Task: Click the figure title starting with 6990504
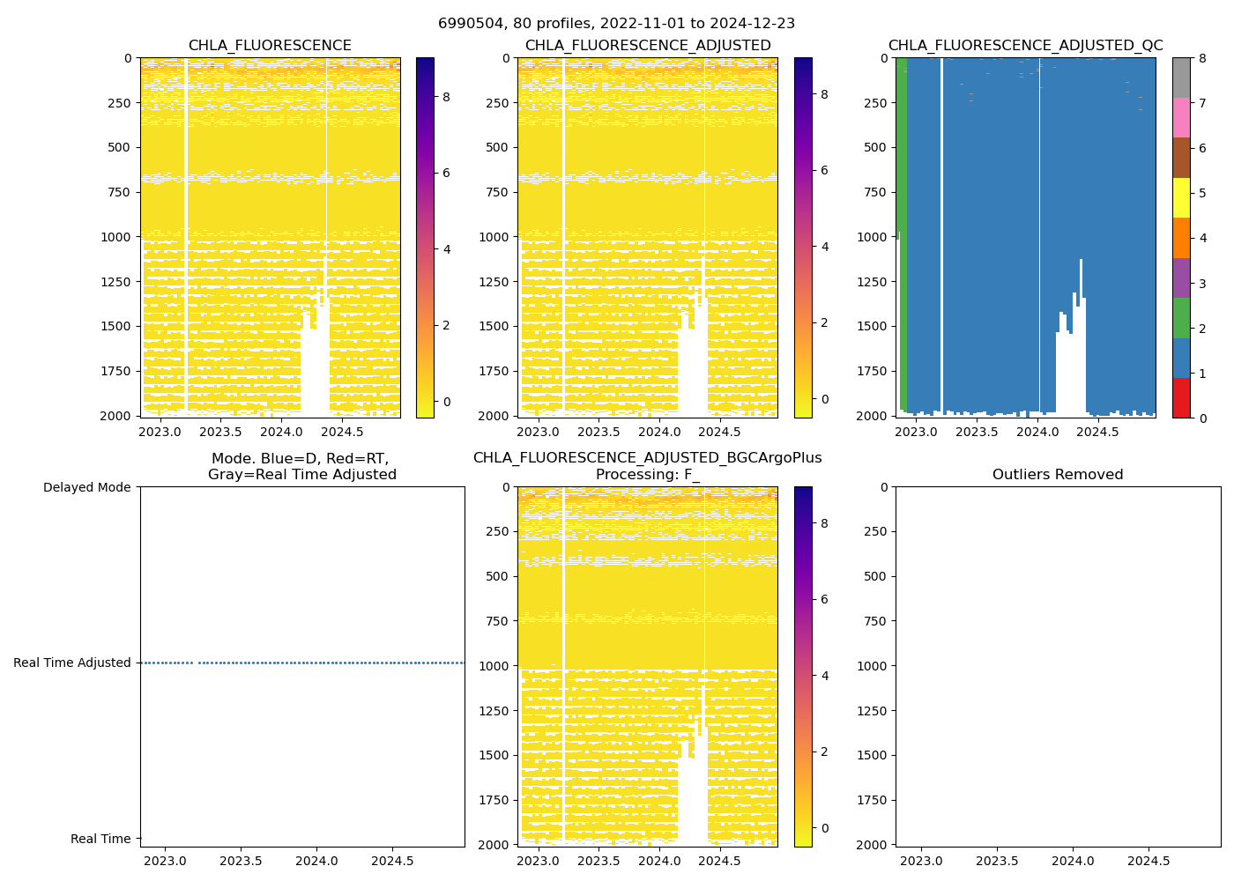(616, 24)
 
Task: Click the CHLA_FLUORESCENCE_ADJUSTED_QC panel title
(1025, 46)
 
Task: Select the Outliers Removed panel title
(1058, 475)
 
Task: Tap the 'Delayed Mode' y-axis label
(86, 487)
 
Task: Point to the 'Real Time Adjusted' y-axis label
(72, 663)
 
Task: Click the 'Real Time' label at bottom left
(100, 839)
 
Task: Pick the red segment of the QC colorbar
(1181, 398)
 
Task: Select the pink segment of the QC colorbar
(1181, 118)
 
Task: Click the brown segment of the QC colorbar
(1181, 158)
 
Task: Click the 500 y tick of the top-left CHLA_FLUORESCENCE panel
(120, 147)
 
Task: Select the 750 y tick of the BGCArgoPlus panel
(497, 621)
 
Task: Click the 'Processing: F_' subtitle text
(647, 475)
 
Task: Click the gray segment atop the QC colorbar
(1181, 78)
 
